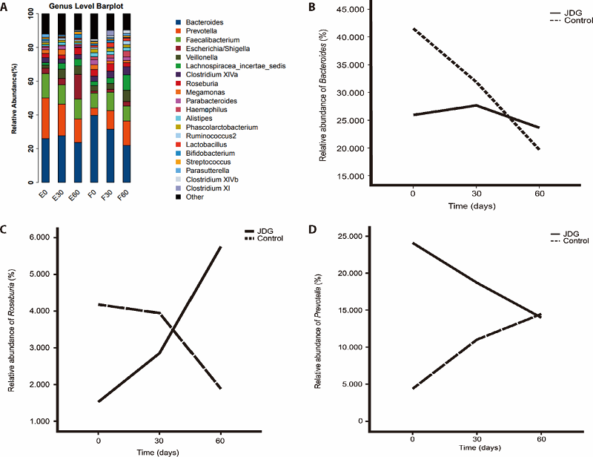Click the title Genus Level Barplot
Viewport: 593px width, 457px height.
(79, 6)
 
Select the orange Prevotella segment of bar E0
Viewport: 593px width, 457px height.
(45, 118)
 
